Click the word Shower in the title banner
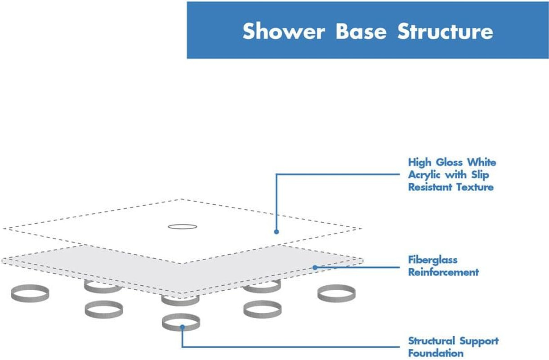click(284, 31)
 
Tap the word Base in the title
click(361, 31)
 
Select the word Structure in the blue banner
click(445, 31)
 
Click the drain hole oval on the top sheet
click(183, 227)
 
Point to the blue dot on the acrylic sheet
click(277, 232)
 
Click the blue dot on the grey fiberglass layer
click(315, 267)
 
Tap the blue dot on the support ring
click(182, 327)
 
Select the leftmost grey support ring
click(30, 293)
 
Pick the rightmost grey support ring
click(336, 293)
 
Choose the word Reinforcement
click(443, 272)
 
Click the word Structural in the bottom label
click(431, 341)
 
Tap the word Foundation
click(436, 353)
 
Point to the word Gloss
click(449, 162)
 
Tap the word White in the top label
click(482, 162)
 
